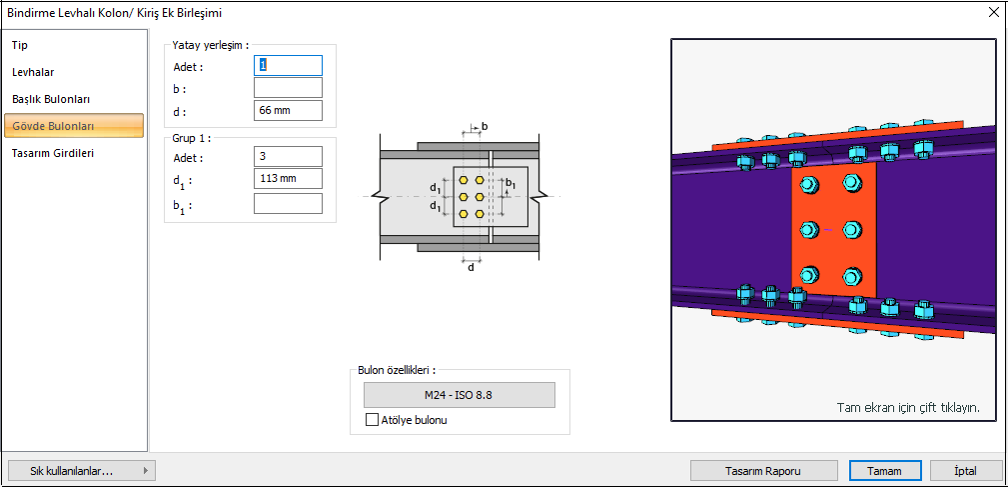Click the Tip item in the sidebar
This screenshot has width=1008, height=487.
click(20, 45)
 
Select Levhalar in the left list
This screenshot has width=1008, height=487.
click(33, 72)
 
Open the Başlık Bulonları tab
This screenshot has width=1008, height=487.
click(51, 99)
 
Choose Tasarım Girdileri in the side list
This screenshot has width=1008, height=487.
click(52, 153)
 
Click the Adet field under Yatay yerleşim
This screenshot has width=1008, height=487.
click(288, 65)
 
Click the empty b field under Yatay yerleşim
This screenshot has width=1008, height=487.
click(288, 88)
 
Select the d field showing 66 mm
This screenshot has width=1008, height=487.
click(288, 110)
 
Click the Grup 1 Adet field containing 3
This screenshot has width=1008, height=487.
click(288, 157)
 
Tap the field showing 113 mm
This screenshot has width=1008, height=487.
click(288, 179)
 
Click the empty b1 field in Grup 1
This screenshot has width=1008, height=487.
click(288, 203)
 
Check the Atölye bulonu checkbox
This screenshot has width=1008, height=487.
click(373, 420)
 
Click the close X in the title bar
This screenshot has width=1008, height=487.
click(993, 13)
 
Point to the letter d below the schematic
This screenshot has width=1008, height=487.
click(471, 267)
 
